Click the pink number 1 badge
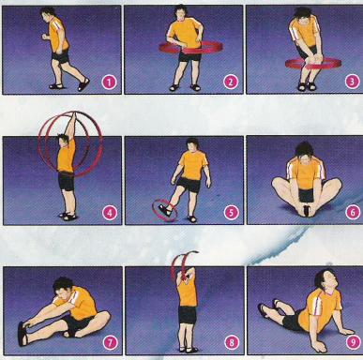[109, 82]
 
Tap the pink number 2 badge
[231, 82]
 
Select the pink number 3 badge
[353, 82]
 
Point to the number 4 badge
[110, 214]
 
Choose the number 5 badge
[231, 213]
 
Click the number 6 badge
[353, 213]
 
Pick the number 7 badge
[110, 343]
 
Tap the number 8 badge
[232, 342]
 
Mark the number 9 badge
[353, 343]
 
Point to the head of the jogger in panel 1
[48, 14]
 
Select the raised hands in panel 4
[74, 115]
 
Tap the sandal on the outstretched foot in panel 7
[23, 334]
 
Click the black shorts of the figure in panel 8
[188, 315]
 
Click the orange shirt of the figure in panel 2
[186, 33]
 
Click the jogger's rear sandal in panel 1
[83, 84]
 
